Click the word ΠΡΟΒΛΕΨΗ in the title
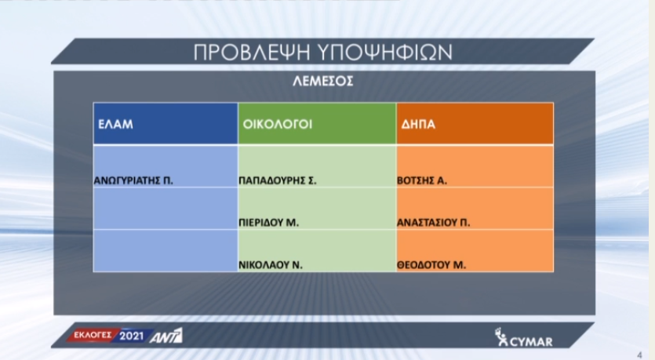point(252,53)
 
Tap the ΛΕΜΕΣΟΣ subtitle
point(323,81)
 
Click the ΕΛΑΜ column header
point(115,124)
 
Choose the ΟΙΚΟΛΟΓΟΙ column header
point(278,124)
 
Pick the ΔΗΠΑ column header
point(418,124)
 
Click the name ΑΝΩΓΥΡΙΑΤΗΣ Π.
point(133,181)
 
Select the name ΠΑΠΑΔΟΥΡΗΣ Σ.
point(278,181)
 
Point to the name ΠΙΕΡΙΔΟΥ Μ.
point(268,223)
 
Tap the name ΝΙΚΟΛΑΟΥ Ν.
point(271,265)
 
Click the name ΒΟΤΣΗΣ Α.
point(422,181)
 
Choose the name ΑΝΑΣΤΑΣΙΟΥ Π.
point(433,223)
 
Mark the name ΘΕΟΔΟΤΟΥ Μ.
point(431,265)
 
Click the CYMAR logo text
point(531,342)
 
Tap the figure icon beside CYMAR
point(500,337)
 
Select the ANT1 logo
point(166,336)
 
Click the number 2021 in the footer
point(131,336)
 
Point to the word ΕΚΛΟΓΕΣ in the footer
point(93,335)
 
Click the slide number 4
point(639,355)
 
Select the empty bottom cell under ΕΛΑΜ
point(166,250)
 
